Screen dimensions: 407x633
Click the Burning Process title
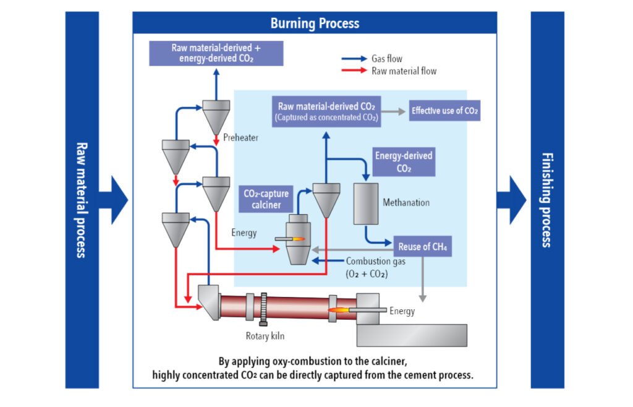315,24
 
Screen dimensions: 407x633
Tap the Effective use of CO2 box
445,111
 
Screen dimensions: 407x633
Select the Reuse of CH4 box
423,247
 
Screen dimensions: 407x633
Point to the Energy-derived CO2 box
404,161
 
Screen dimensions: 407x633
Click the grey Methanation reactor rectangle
366,204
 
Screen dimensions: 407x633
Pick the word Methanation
406,202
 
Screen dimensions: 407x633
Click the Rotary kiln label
263,336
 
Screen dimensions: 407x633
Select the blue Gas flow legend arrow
354,59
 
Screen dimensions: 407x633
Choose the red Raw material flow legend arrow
354,71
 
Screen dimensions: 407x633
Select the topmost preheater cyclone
216,115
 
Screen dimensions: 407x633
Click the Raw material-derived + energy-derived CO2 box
216,53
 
